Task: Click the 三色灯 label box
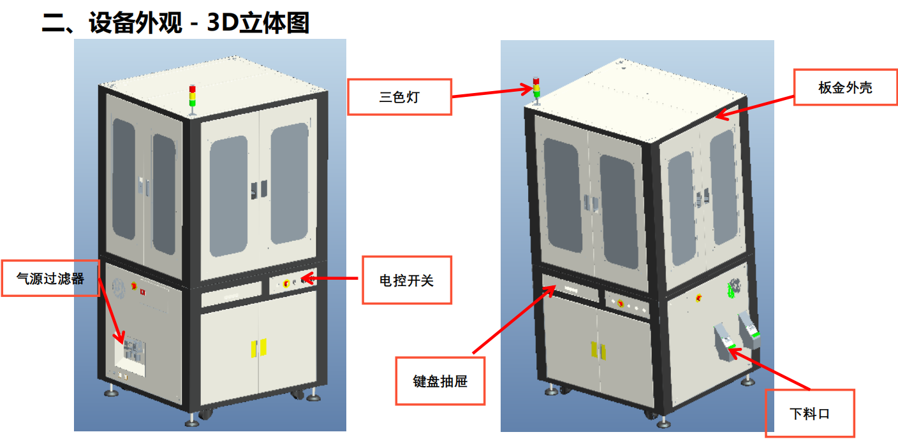click(399, 97)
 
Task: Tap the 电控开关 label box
click(406, 280)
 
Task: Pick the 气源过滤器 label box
click(50, 278)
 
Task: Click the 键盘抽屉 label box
click(440, 381)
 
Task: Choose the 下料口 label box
click(809, 413)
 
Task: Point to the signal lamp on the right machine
click(536, 89)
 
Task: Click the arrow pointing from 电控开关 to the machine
click(332, 278)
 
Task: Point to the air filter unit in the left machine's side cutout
click(133, 350)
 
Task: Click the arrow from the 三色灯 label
click(491, 93)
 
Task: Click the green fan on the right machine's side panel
click(733, 290)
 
